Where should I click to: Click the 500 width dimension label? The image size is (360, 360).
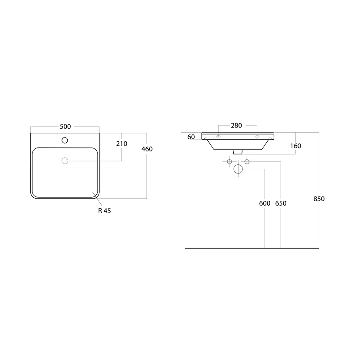(x=65, y=127)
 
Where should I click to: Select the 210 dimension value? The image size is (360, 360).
(x=121, y=144)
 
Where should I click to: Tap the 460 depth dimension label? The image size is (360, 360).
(x=147, y=149)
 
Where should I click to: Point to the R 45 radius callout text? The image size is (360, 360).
(x=105, y=211)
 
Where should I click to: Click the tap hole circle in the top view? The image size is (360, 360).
(x=65, y=140)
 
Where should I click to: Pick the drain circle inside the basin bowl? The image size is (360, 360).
(x=65, y=161)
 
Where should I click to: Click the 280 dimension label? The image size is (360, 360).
(x=236, y=126)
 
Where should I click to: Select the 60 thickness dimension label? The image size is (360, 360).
(x=191, y=137)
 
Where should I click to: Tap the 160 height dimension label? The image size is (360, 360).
(x=296, y=146)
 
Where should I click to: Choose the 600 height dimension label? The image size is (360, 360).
(x=265, y=203)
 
